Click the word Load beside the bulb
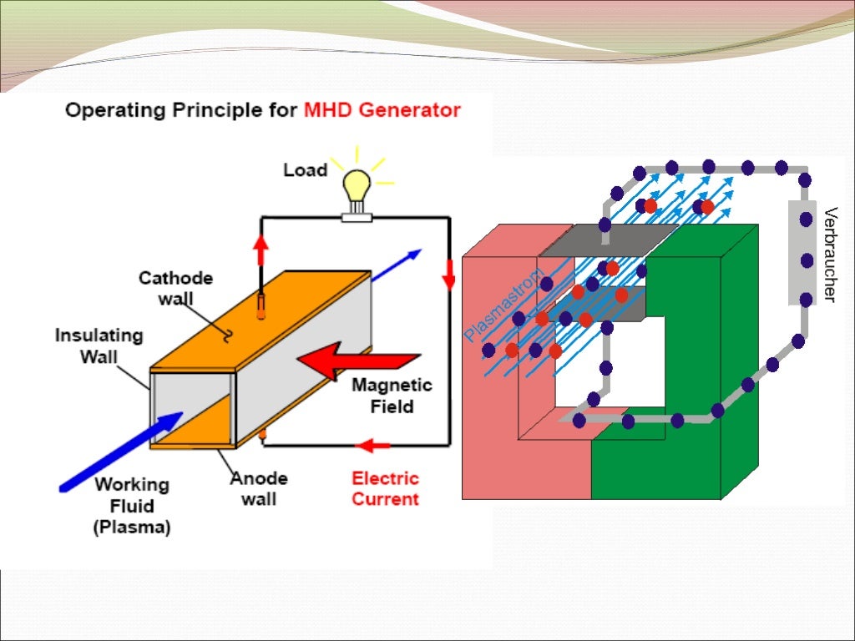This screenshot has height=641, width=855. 305,170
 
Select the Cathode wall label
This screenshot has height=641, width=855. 175,288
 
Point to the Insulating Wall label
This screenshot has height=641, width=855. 99,346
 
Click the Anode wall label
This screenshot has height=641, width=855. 259,488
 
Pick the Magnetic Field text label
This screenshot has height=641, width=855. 392,396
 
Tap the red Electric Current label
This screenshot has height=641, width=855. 385,488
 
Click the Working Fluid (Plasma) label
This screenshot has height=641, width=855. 132,506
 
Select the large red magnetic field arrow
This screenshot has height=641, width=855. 355,361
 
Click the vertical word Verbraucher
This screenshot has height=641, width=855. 828,254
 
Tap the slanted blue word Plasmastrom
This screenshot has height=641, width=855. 503,305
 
